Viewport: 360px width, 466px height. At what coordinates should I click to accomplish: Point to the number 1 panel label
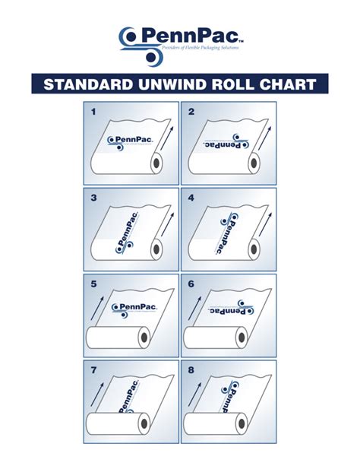click(94, 113)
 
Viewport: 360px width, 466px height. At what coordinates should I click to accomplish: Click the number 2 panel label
click(191, 113)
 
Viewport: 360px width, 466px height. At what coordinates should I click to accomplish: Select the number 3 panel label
click(94, 198)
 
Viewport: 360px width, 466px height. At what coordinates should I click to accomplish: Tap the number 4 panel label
click(191, 198)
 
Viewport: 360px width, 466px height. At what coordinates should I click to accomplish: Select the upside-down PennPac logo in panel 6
click(230, 309)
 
